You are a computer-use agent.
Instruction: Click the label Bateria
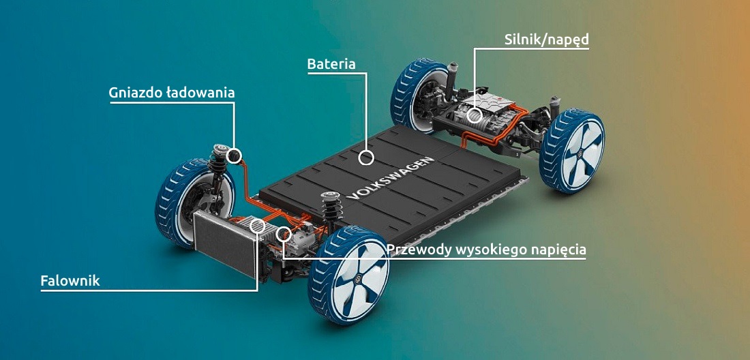(331, 64)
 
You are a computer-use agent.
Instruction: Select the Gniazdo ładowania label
(172, 93)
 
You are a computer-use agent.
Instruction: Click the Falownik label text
(70, 280)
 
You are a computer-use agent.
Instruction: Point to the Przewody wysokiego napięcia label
(486, 250)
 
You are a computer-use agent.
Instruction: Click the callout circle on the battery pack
(367, 158)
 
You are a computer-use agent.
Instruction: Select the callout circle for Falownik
(258, 226)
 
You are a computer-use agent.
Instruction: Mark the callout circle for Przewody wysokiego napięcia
(284, 236)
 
